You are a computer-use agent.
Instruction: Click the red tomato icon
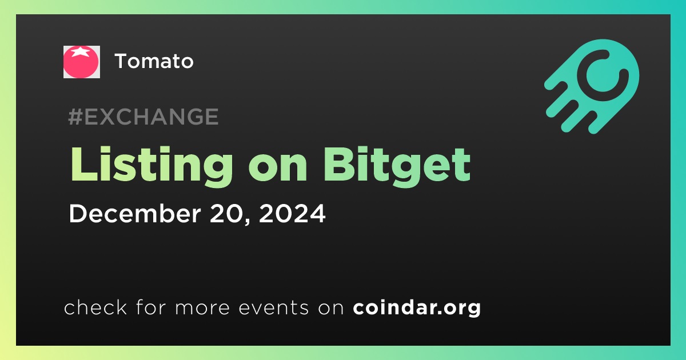(81, 62)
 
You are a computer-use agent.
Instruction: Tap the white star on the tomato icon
(81, 51)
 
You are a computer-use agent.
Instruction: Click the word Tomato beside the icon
(154, 61)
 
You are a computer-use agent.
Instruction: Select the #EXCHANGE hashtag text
(143, 117)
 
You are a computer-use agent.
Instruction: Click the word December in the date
(135, 213)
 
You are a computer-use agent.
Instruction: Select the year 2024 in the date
(292, 213)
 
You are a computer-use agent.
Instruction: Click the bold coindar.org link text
(417, 307)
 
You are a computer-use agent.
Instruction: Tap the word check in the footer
(95, 307)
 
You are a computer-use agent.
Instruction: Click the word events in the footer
(274, 307)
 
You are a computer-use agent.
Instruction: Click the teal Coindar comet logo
(592, 86)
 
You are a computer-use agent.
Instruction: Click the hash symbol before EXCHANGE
(75, 117)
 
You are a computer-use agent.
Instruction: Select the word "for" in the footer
(151, 307)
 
